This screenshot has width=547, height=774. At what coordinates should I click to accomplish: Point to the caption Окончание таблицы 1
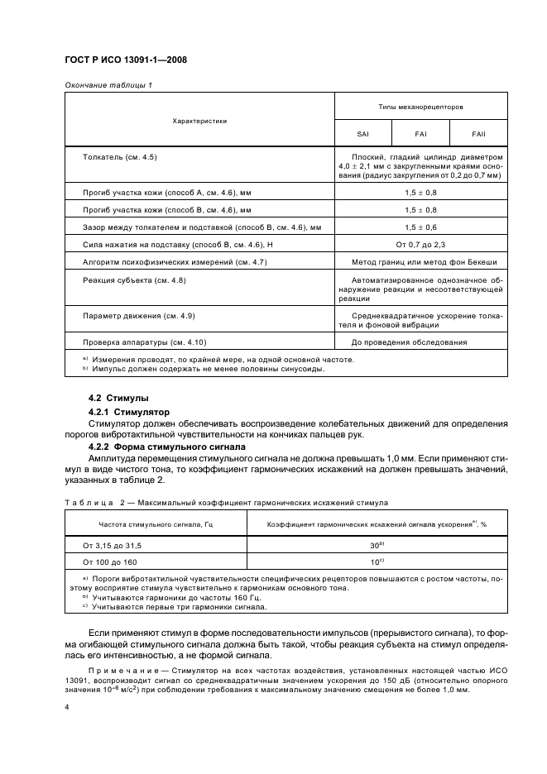(x=108, y=85)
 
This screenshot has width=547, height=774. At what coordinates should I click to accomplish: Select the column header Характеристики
(x=199, y=121)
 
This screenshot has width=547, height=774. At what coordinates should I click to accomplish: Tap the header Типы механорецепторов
(x=421, y=107)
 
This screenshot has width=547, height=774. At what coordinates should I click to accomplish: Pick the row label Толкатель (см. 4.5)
(x=120, y=156)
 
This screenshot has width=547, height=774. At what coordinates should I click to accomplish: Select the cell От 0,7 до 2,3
(x=421, y=244)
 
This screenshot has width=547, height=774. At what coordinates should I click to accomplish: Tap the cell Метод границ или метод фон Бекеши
(x=421, y=262)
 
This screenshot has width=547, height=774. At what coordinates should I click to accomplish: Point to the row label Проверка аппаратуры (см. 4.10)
(x=145, y=342)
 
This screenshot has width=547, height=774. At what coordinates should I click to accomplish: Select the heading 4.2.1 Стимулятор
(x=128, y=411)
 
